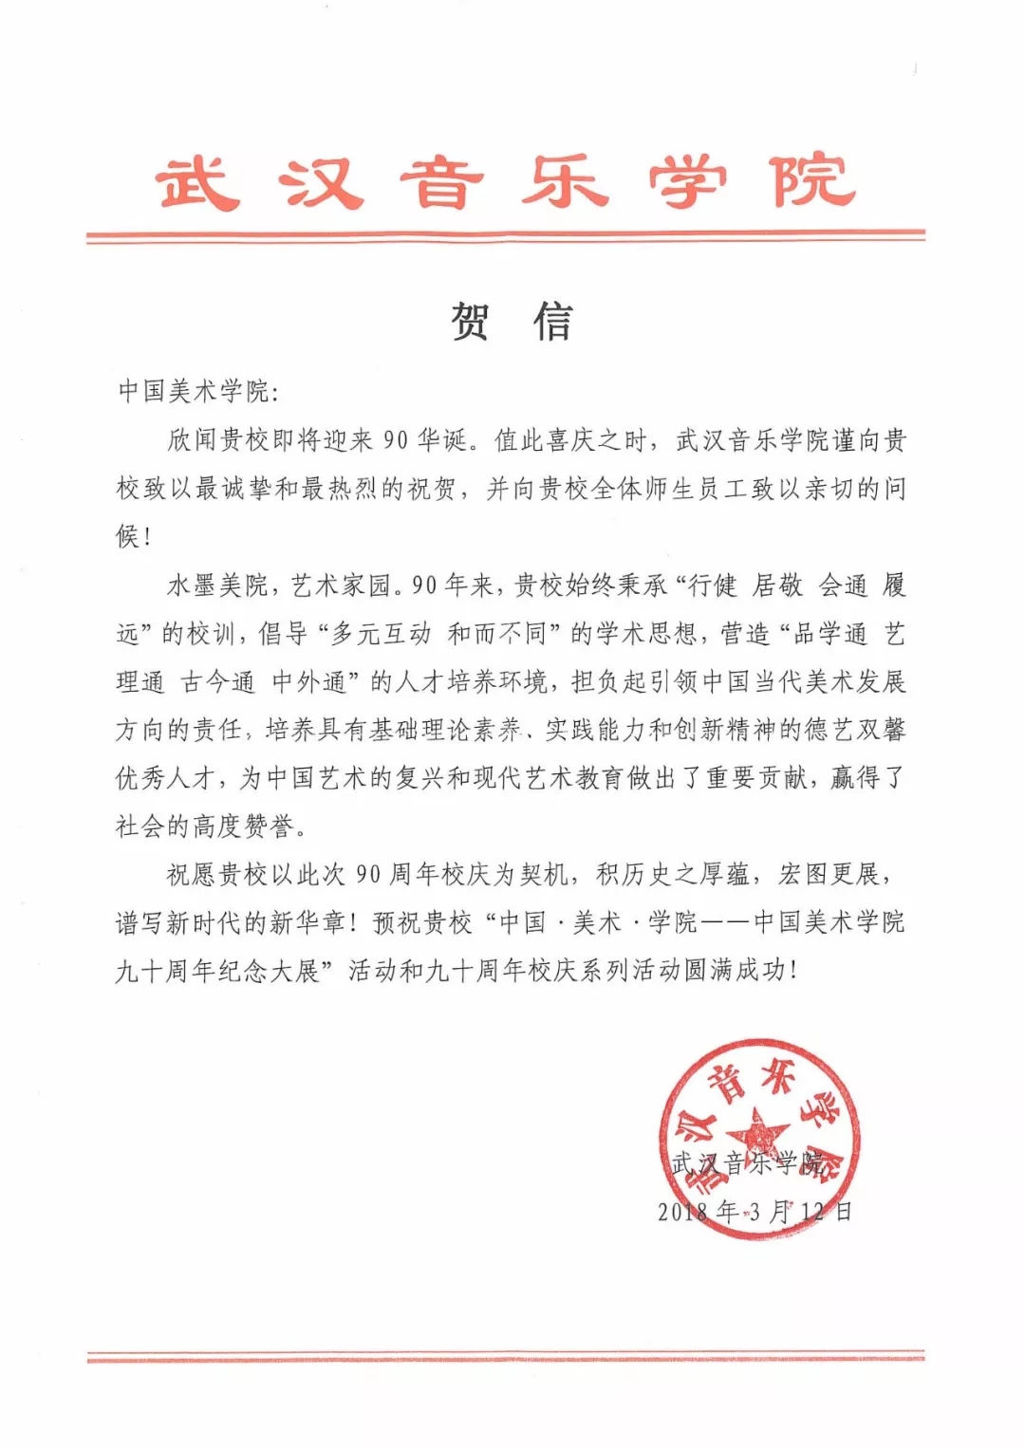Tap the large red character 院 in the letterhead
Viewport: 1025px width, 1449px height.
(812, 180)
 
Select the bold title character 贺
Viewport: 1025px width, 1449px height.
(471, 322)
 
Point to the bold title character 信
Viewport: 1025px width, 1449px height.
(553, 322)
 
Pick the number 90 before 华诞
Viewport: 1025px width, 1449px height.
(396, 440)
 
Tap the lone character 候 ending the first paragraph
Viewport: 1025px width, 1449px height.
(128, 536)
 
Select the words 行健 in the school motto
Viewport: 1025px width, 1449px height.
(713, 585)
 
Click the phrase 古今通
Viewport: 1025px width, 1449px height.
(218, 682)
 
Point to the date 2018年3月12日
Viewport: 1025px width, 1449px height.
(755, 1211)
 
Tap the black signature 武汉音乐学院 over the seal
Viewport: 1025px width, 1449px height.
(747, 1163)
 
